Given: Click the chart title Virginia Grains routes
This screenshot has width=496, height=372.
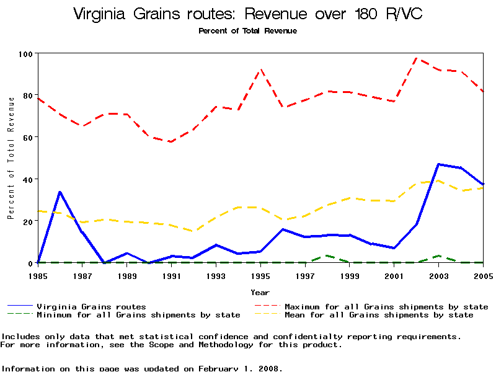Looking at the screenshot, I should [x=247, y=14].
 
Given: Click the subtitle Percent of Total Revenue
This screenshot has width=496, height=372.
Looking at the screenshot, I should [x=247, y=31].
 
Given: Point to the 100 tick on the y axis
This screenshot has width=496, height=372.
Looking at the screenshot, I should [x=26, y=54].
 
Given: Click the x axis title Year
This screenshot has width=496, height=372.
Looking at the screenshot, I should [x=260, y=292].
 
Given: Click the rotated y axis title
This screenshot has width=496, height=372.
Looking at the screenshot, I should [x=11, y=166].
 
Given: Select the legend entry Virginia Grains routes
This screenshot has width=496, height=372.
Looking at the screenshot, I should [x=91, y=306].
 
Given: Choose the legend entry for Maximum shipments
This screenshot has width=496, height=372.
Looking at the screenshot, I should [x=386, y=306].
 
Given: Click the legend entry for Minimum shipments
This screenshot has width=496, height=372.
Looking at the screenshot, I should [x=138, y=315].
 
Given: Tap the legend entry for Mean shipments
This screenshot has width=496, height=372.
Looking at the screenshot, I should [x=378, y=315].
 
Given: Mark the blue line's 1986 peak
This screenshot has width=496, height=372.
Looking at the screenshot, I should [x=60, y=192].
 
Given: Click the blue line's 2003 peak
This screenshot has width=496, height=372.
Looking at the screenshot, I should [x=439, y=164].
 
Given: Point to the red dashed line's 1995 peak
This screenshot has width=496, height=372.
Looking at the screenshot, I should [x=260, y=69].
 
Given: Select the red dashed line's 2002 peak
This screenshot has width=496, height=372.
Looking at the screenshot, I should [x=417, y=58].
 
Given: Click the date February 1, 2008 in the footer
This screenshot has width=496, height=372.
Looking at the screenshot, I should [x=240, y=368].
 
